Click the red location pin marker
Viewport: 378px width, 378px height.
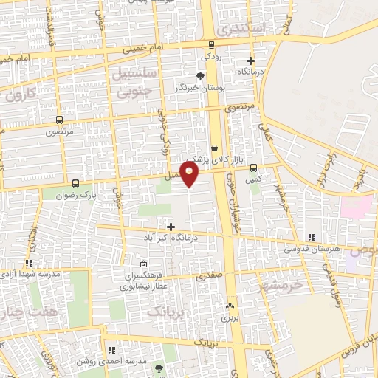tap(190, 174)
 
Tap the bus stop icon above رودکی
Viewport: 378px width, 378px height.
tap(212, 44)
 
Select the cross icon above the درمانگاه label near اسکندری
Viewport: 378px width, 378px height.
tap(251, 61)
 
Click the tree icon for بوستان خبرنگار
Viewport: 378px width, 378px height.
tap(200, 76)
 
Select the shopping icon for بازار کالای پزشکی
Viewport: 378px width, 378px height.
tap(215, 147)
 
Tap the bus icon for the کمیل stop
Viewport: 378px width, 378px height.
tap(255, 168)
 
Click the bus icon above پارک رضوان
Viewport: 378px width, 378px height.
tap(76, 183)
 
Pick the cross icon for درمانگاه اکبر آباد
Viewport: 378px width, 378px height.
tap(171, 227)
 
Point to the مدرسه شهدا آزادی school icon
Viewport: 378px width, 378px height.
tap(29, 263)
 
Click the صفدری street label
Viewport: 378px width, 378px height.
tap(208, 277)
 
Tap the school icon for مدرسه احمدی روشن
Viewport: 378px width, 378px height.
tap(111, 351)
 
